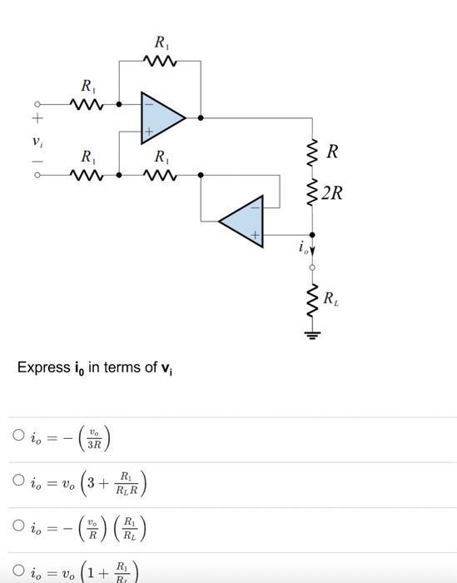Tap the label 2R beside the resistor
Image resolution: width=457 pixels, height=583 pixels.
331,194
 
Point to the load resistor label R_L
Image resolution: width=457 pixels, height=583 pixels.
330,298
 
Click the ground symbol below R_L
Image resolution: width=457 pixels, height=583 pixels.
312,337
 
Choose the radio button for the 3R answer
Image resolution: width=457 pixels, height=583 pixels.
18,435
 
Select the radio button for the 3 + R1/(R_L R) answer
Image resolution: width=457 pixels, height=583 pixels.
18,480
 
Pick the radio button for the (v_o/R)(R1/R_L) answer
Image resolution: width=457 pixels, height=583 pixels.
18,526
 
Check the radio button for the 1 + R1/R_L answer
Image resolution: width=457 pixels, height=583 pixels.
18,571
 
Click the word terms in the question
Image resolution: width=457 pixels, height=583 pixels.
124,367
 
